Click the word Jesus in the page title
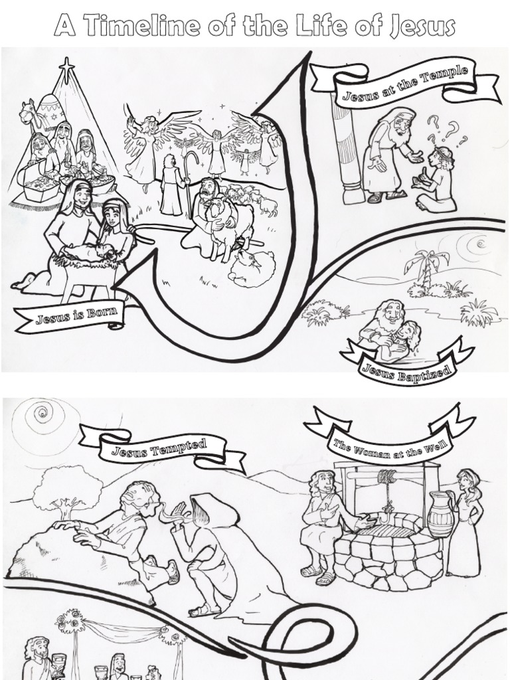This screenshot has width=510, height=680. click(422, 27)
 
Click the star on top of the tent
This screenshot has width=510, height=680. click(66, 66)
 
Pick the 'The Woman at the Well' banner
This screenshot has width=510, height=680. click(390, 439)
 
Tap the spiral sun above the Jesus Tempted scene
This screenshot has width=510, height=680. click(42, 416)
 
